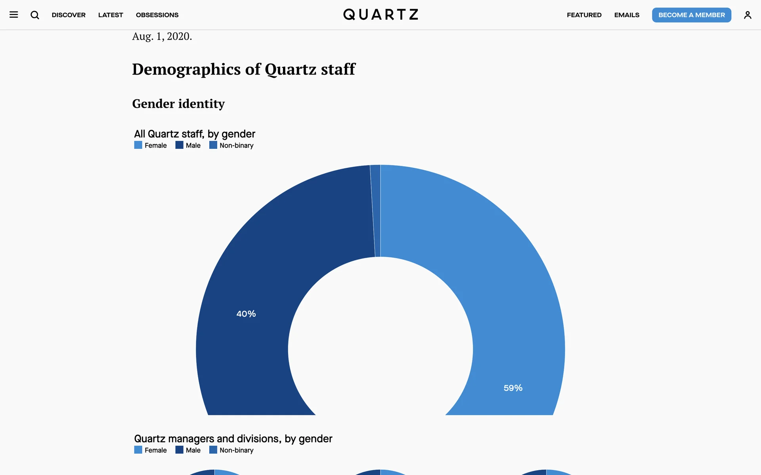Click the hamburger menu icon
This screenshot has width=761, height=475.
(14, 15)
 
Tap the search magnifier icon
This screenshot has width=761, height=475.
(35, 15)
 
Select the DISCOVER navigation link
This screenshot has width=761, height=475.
(69, 15)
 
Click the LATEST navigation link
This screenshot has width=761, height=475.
(111, 15)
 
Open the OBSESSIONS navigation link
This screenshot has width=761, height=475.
(157, 15)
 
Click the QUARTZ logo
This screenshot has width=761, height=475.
(380, 15)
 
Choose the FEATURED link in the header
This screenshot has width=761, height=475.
(584, 15)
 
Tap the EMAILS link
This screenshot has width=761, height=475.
(627, 15)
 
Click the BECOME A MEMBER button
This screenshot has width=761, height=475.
(691, 15)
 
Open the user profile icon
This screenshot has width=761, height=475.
(747, 15)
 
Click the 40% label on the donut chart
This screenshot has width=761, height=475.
(246, 314)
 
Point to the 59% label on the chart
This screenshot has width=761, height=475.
(513, 388)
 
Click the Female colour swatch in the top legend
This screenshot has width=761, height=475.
(138, 145)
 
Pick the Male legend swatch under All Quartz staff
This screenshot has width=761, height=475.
(179, 145)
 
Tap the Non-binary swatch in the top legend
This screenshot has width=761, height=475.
(213, 145)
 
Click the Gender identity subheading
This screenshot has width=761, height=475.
(178, 104)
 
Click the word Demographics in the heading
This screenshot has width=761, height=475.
(186, 69)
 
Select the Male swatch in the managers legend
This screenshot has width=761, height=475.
(179, 450)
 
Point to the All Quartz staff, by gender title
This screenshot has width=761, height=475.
(195, 134)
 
